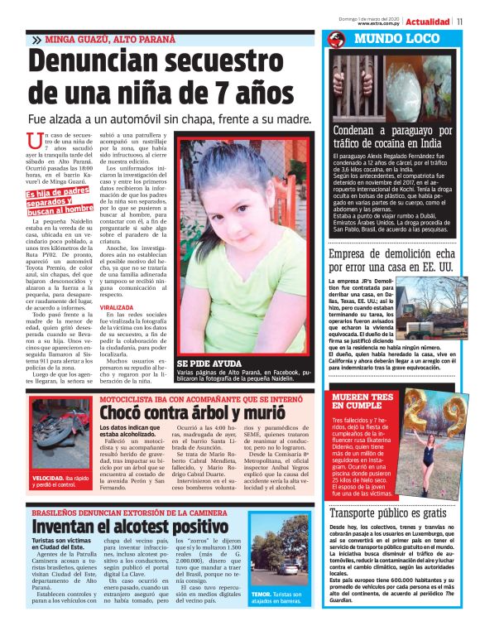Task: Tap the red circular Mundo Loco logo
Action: [x=335, y=39]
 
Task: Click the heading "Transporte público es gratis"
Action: [x=391, y=512]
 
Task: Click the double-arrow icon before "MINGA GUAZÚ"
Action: [x=36, y=39]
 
